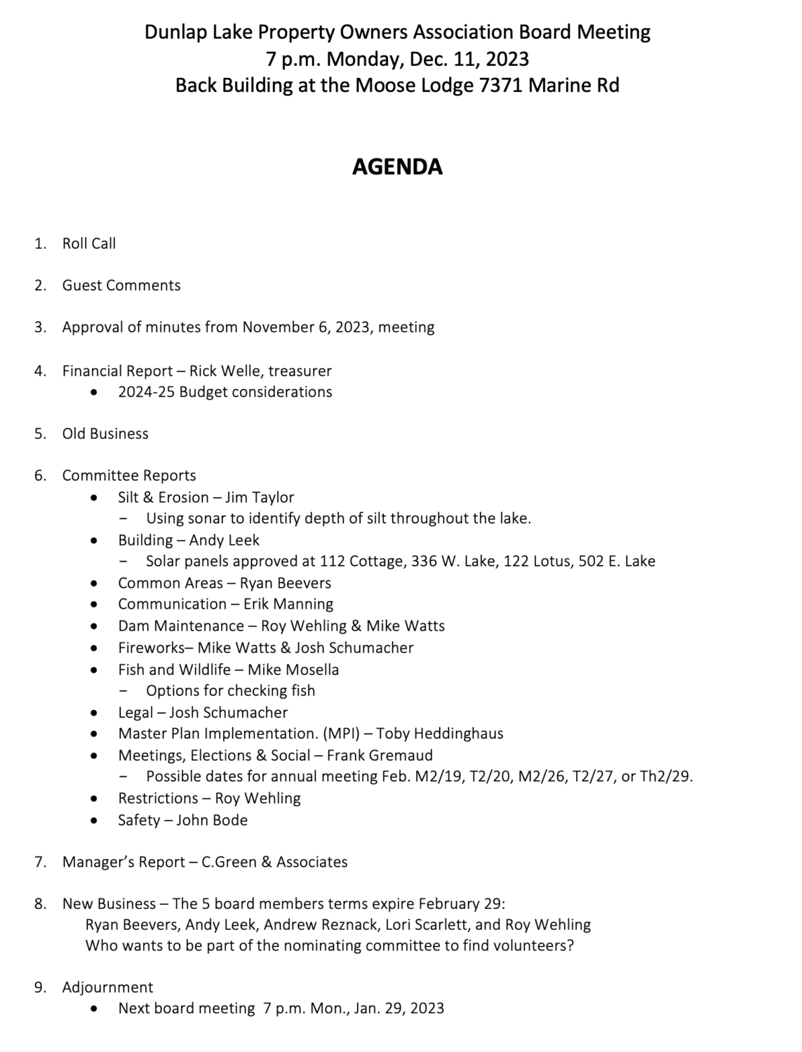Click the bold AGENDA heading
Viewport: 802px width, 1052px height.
pos(397,167)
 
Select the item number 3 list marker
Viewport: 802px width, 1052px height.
pos(40,328)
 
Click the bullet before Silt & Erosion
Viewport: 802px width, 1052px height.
pos(95,498)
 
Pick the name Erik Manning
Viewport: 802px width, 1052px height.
pos(288,605)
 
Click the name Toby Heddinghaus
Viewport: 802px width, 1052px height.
pos(440,734)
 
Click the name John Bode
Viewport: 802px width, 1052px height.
pos(212,821)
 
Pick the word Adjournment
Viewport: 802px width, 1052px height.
pos(107,987)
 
